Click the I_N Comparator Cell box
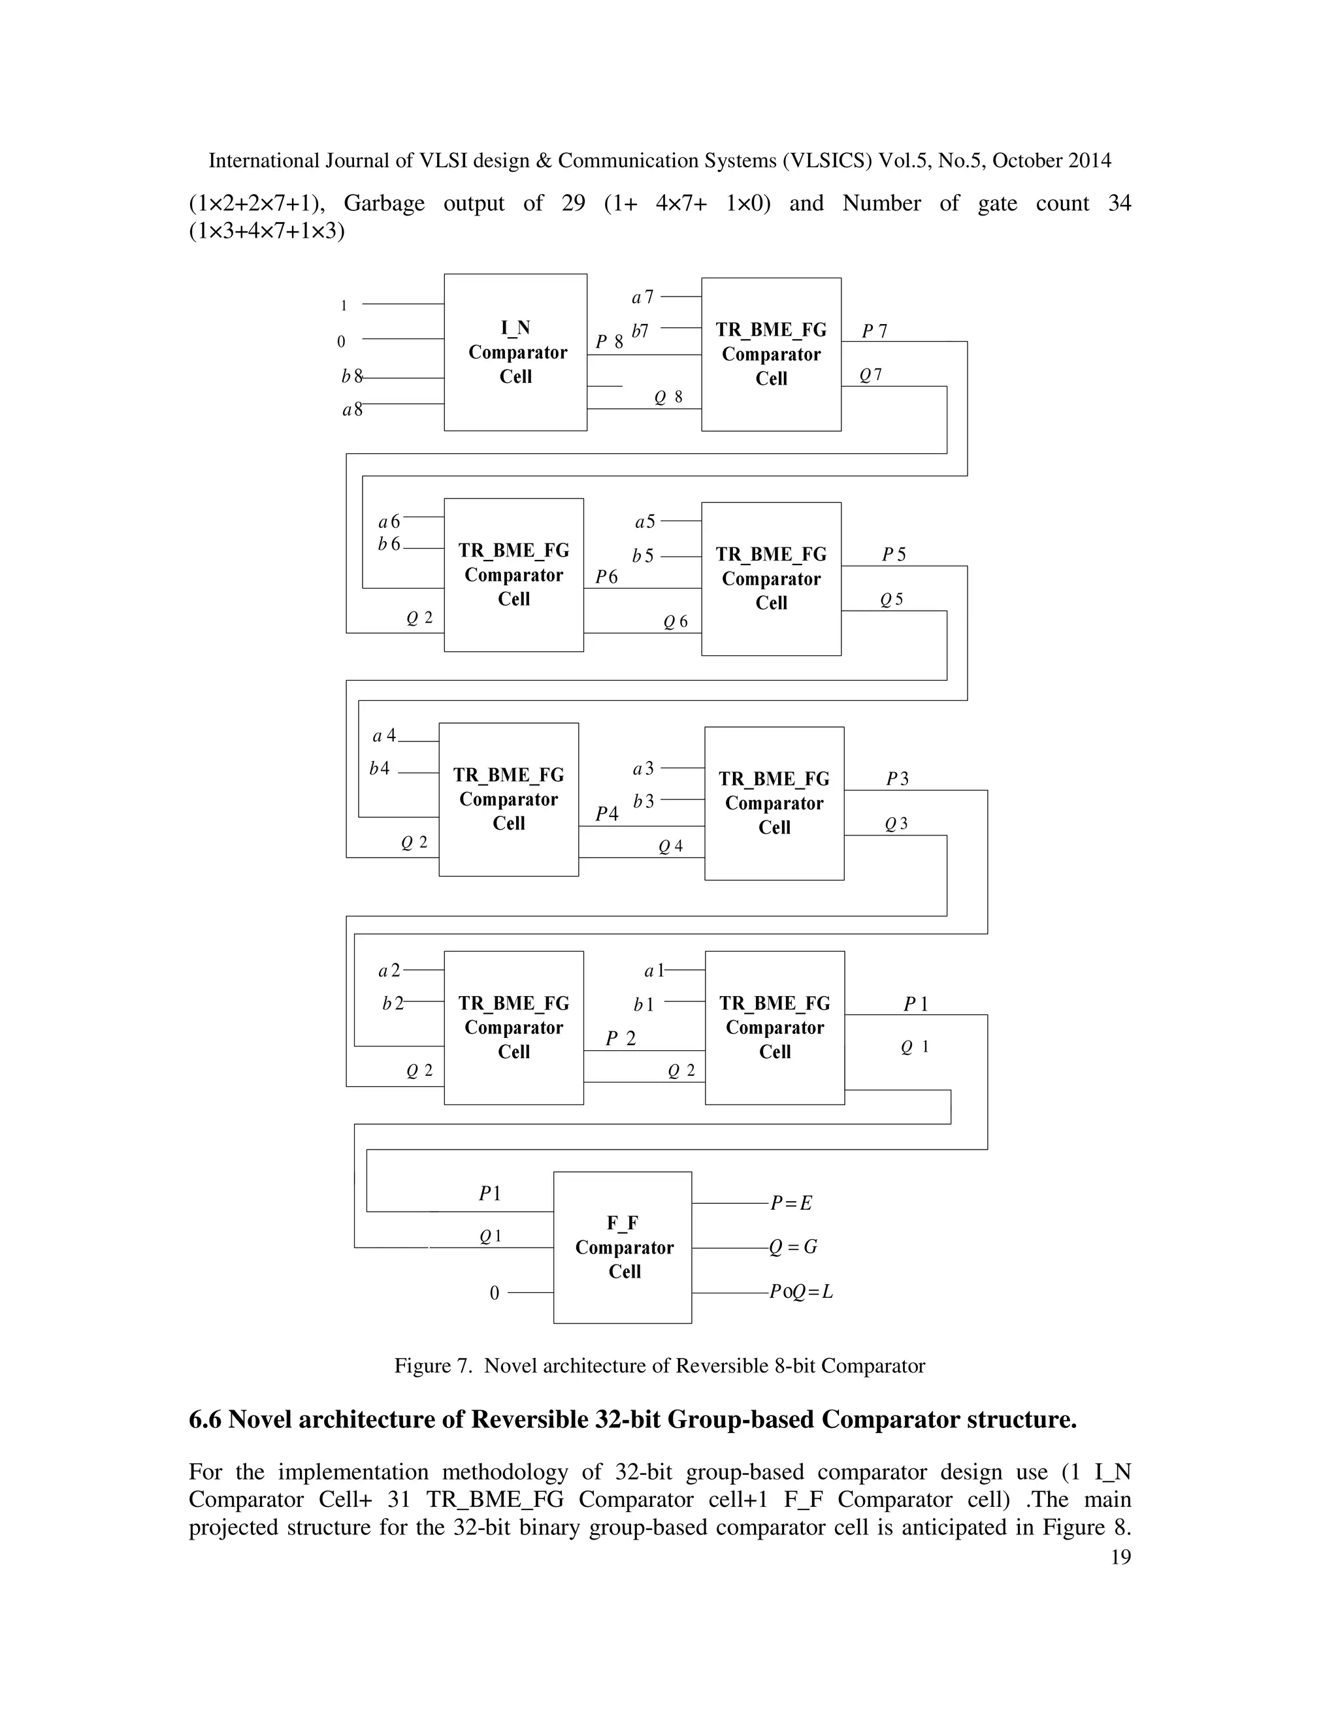(515, 352)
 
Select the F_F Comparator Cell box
(622, 1247)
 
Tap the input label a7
(642, 297)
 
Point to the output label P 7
(874, 331)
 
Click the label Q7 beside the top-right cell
(870, 376)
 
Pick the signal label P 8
(610, 342)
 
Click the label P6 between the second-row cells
(606, 577)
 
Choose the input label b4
(379, 768)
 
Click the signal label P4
(606, 813)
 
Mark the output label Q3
(896, 824)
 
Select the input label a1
(653, 971)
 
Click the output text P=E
(791, 1203)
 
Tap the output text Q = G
(793, 1247)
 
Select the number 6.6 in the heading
(205, 1419)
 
